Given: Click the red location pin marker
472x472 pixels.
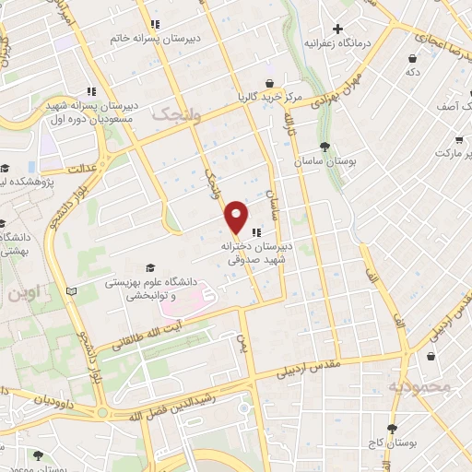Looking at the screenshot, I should click(237, 216).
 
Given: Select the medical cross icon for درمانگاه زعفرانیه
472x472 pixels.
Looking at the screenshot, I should click(339, 29).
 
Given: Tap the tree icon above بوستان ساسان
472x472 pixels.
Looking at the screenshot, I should click(324, 147).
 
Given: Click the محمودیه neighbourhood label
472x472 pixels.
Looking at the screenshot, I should click(419, 386).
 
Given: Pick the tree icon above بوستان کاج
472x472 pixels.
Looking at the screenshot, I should click(393, 429).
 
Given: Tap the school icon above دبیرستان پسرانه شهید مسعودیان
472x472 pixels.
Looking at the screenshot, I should click(91, 91).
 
